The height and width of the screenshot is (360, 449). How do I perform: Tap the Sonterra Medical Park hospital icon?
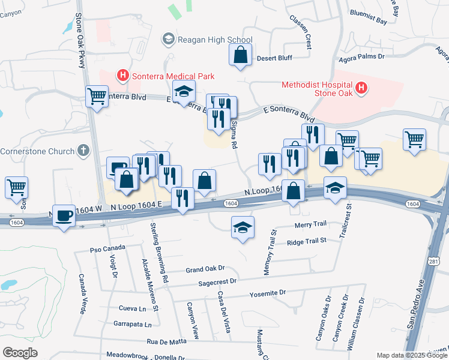(123, 76)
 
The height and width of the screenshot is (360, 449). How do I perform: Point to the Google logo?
(20, 353)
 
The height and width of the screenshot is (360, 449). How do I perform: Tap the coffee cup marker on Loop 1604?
(64, 216)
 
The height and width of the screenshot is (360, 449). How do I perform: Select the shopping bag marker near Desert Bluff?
(240, 55)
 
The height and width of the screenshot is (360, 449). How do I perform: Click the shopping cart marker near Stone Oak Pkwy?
(97, 96)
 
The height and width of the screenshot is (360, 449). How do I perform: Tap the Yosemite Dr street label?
(268, 293)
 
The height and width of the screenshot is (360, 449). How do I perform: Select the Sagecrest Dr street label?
(218, 281)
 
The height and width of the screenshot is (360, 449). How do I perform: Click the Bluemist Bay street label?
(367, 21)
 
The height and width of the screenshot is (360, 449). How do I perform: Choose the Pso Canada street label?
(107, 248)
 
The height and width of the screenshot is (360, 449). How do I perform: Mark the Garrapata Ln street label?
(132, 324)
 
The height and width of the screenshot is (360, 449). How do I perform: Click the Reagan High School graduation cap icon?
(169, 40)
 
